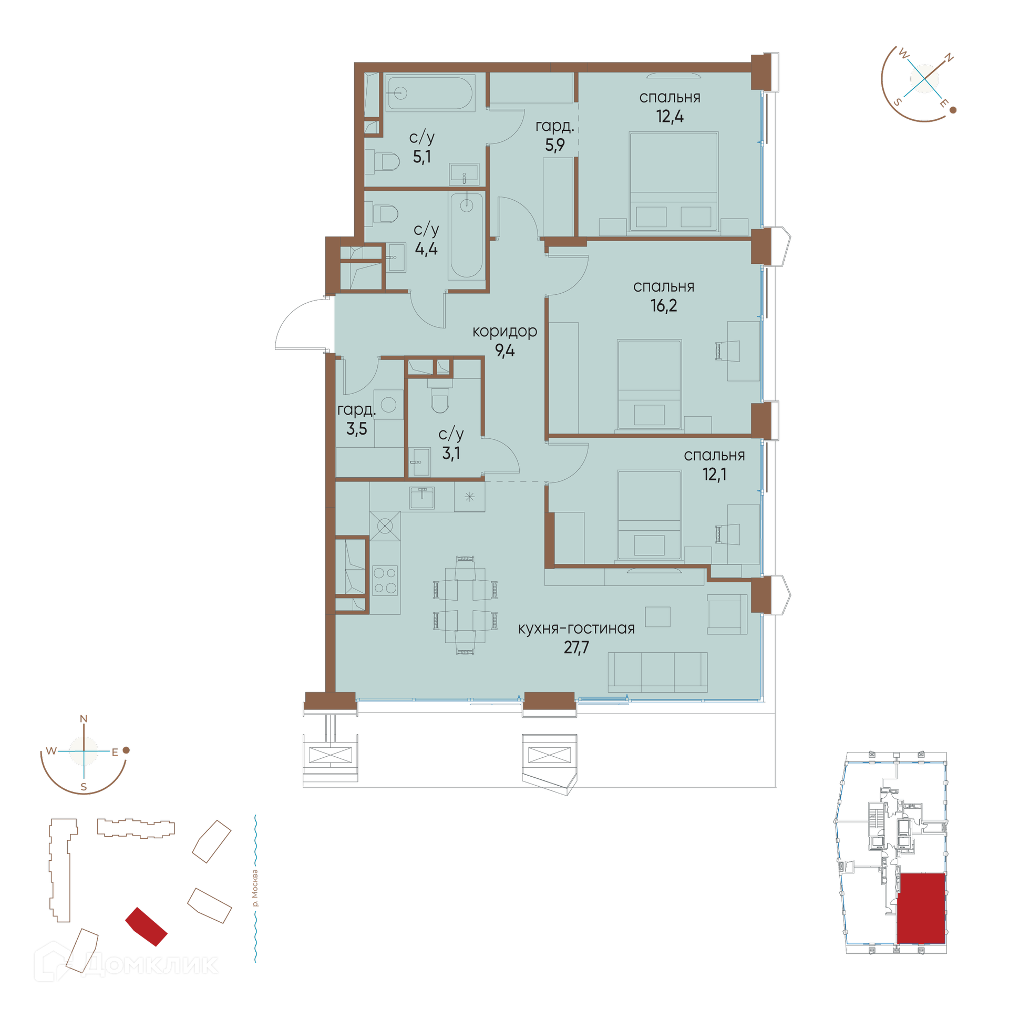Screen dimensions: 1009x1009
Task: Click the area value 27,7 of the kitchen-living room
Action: coord(576,647)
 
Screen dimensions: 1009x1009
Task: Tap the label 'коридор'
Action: coord(504,331)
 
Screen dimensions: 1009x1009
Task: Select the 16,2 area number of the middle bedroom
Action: coord(664,305)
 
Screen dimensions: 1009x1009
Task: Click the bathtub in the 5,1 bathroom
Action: coord(430,93)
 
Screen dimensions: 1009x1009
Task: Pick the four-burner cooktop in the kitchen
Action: coord(385,580)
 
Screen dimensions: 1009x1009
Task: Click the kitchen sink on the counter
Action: coord(422,497)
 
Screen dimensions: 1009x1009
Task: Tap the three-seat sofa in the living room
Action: coord(657,672)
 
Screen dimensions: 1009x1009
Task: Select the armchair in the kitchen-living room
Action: coord(727,614)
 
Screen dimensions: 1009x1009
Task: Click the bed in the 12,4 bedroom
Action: coord(673,181)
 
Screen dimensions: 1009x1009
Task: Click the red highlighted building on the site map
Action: coord(146,926)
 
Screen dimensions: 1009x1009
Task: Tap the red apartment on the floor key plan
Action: coord(921,909)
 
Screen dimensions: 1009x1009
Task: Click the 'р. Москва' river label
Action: coord(255,888)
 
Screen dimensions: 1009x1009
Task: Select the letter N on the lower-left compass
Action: coord(84,719)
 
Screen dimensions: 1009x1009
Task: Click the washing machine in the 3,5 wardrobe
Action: coord(388,405)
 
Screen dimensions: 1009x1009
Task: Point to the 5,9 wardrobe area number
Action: coord(554,145)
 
